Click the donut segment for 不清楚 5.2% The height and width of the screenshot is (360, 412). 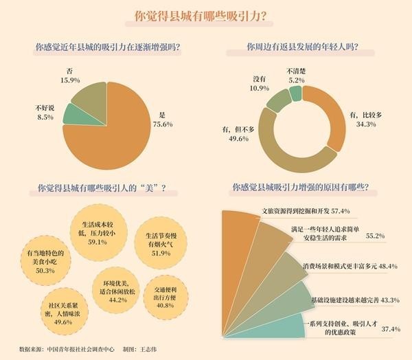coord(295,93)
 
